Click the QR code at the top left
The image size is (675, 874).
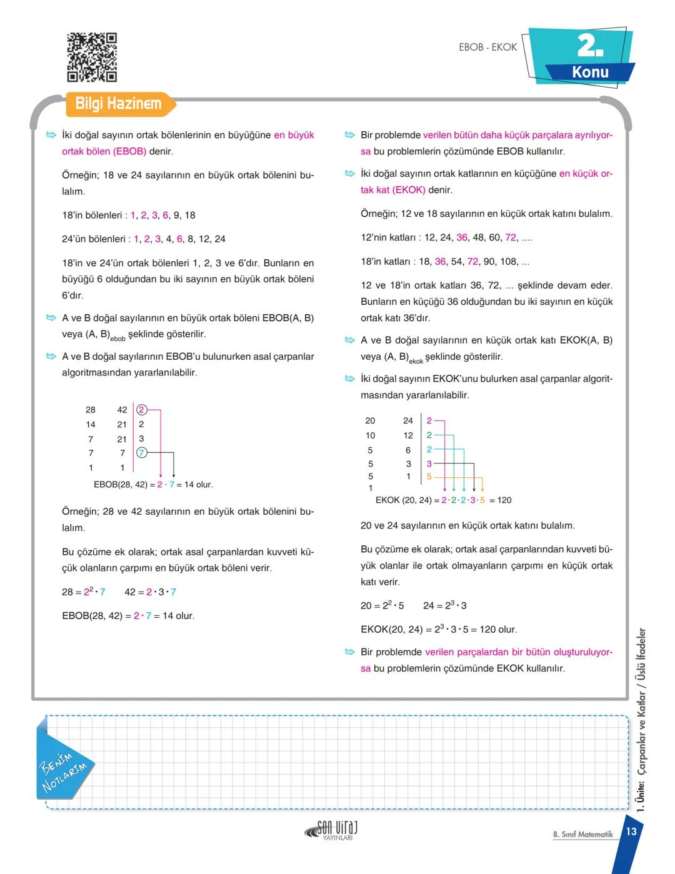coord(92,57)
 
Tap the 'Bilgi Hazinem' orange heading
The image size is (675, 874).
coord(118,104)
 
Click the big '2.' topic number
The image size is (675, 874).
coord(589,46)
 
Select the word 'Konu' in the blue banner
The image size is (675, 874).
coord(590,72)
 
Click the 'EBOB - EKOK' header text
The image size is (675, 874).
coord(487,47)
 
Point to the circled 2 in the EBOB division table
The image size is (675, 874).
coord(141,410)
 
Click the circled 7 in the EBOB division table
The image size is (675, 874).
coord(141,453)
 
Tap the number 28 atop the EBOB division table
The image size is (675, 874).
coord(91,410)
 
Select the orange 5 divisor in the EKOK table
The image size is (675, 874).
coord(429,477)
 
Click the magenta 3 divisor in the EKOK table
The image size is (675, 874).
coord(429,464)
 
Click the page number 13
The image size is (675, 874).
coord(631,832)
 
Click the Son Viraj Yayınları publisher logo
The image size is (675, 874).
coord(332,830)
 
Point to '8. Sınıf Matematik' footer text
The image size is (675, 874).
coord(582,835)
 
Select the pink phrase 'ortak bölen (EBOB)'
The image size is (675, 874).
coord(104,151)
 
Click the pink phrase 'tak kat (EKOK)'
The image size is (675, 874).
coord(392,190)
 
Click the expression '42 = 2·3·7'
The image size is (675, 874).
coord(150,592)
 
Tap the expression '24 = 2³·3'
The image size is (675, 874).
coord(444,605)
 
